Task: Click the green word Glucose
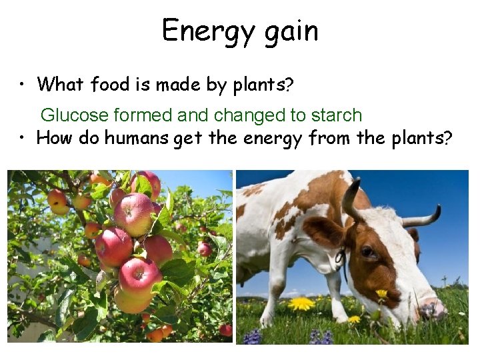click(74, 115)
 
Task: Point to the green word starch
click(336, 115)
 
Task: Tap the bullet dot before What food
click(23, 85)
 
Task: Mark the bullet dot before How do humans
click(23, 138)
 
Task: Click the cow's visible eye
click(367, 252)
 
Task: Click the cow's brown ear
click(323, 232)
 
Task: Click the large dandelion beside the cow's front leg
click(301, 304)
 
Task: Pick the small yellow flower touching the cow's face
click(381, 294)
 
